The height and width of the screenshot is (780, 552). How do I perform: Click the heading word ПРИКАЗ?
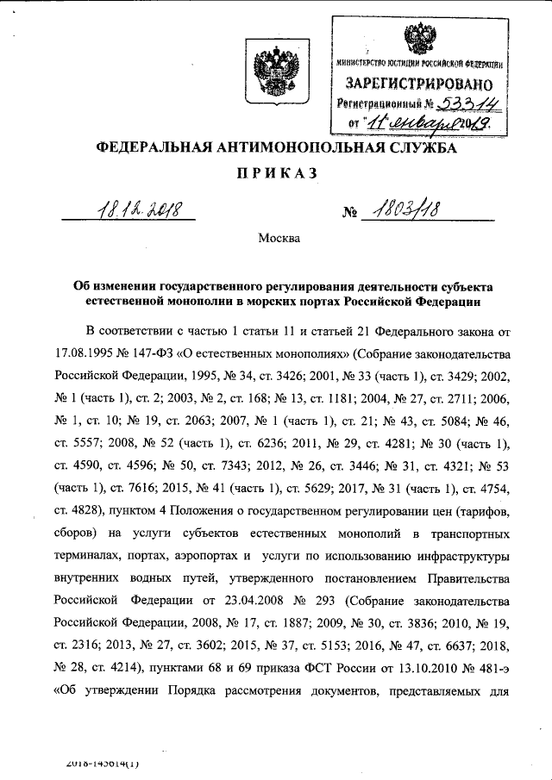[x=276, y=175]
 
